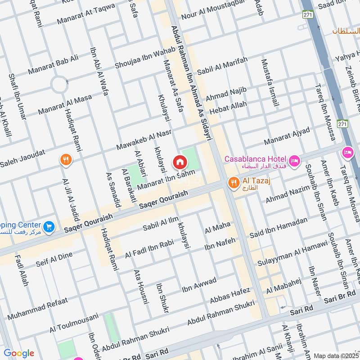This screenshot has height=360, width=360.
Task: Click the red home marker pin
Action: (x=180, y=162)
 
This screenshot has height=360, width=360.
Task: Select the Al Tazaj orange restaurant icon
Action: (x=233, y=182)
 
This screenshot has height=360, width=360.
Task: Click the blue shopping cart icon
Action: (x=49, y=227)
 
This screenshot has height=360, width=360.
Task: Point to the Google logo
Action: (x=18, y=353)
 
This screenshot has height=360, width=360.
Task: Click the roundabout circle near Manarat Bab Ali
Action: (x=58, y=84)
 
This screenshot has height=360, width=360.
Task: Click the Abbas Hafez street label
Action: (x=229, y=296)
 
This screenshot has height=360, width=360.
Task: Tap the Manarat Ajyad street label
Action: (x=287, y=137)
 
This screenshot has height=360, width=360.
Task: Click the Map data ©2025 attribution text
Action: (x=336, y=355)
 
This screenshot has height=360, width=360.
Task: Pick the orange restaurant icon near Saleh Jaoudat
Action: (x=66, y=159)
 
